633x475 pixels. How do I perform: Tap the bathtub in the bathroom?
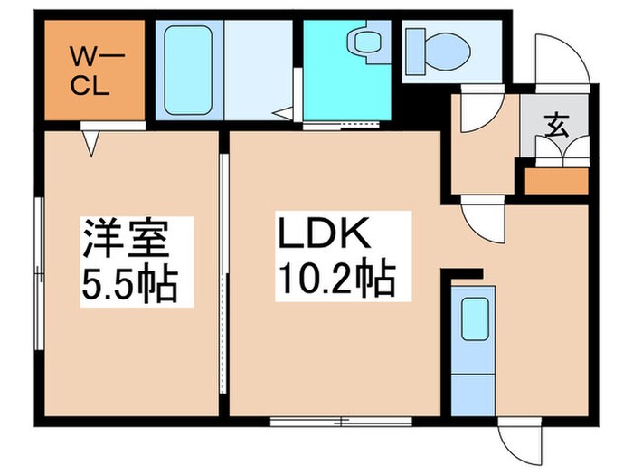coord(190,68)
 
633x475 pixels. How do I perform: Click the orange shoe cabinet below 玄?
coord(555,179)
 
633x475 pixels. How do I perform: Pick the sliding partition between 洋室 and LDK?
coord(222,271)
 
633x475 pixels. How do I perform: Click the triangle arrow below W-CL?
coord(91,142)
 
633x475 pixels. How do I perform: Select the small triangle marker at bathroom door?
coord(285,114)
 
